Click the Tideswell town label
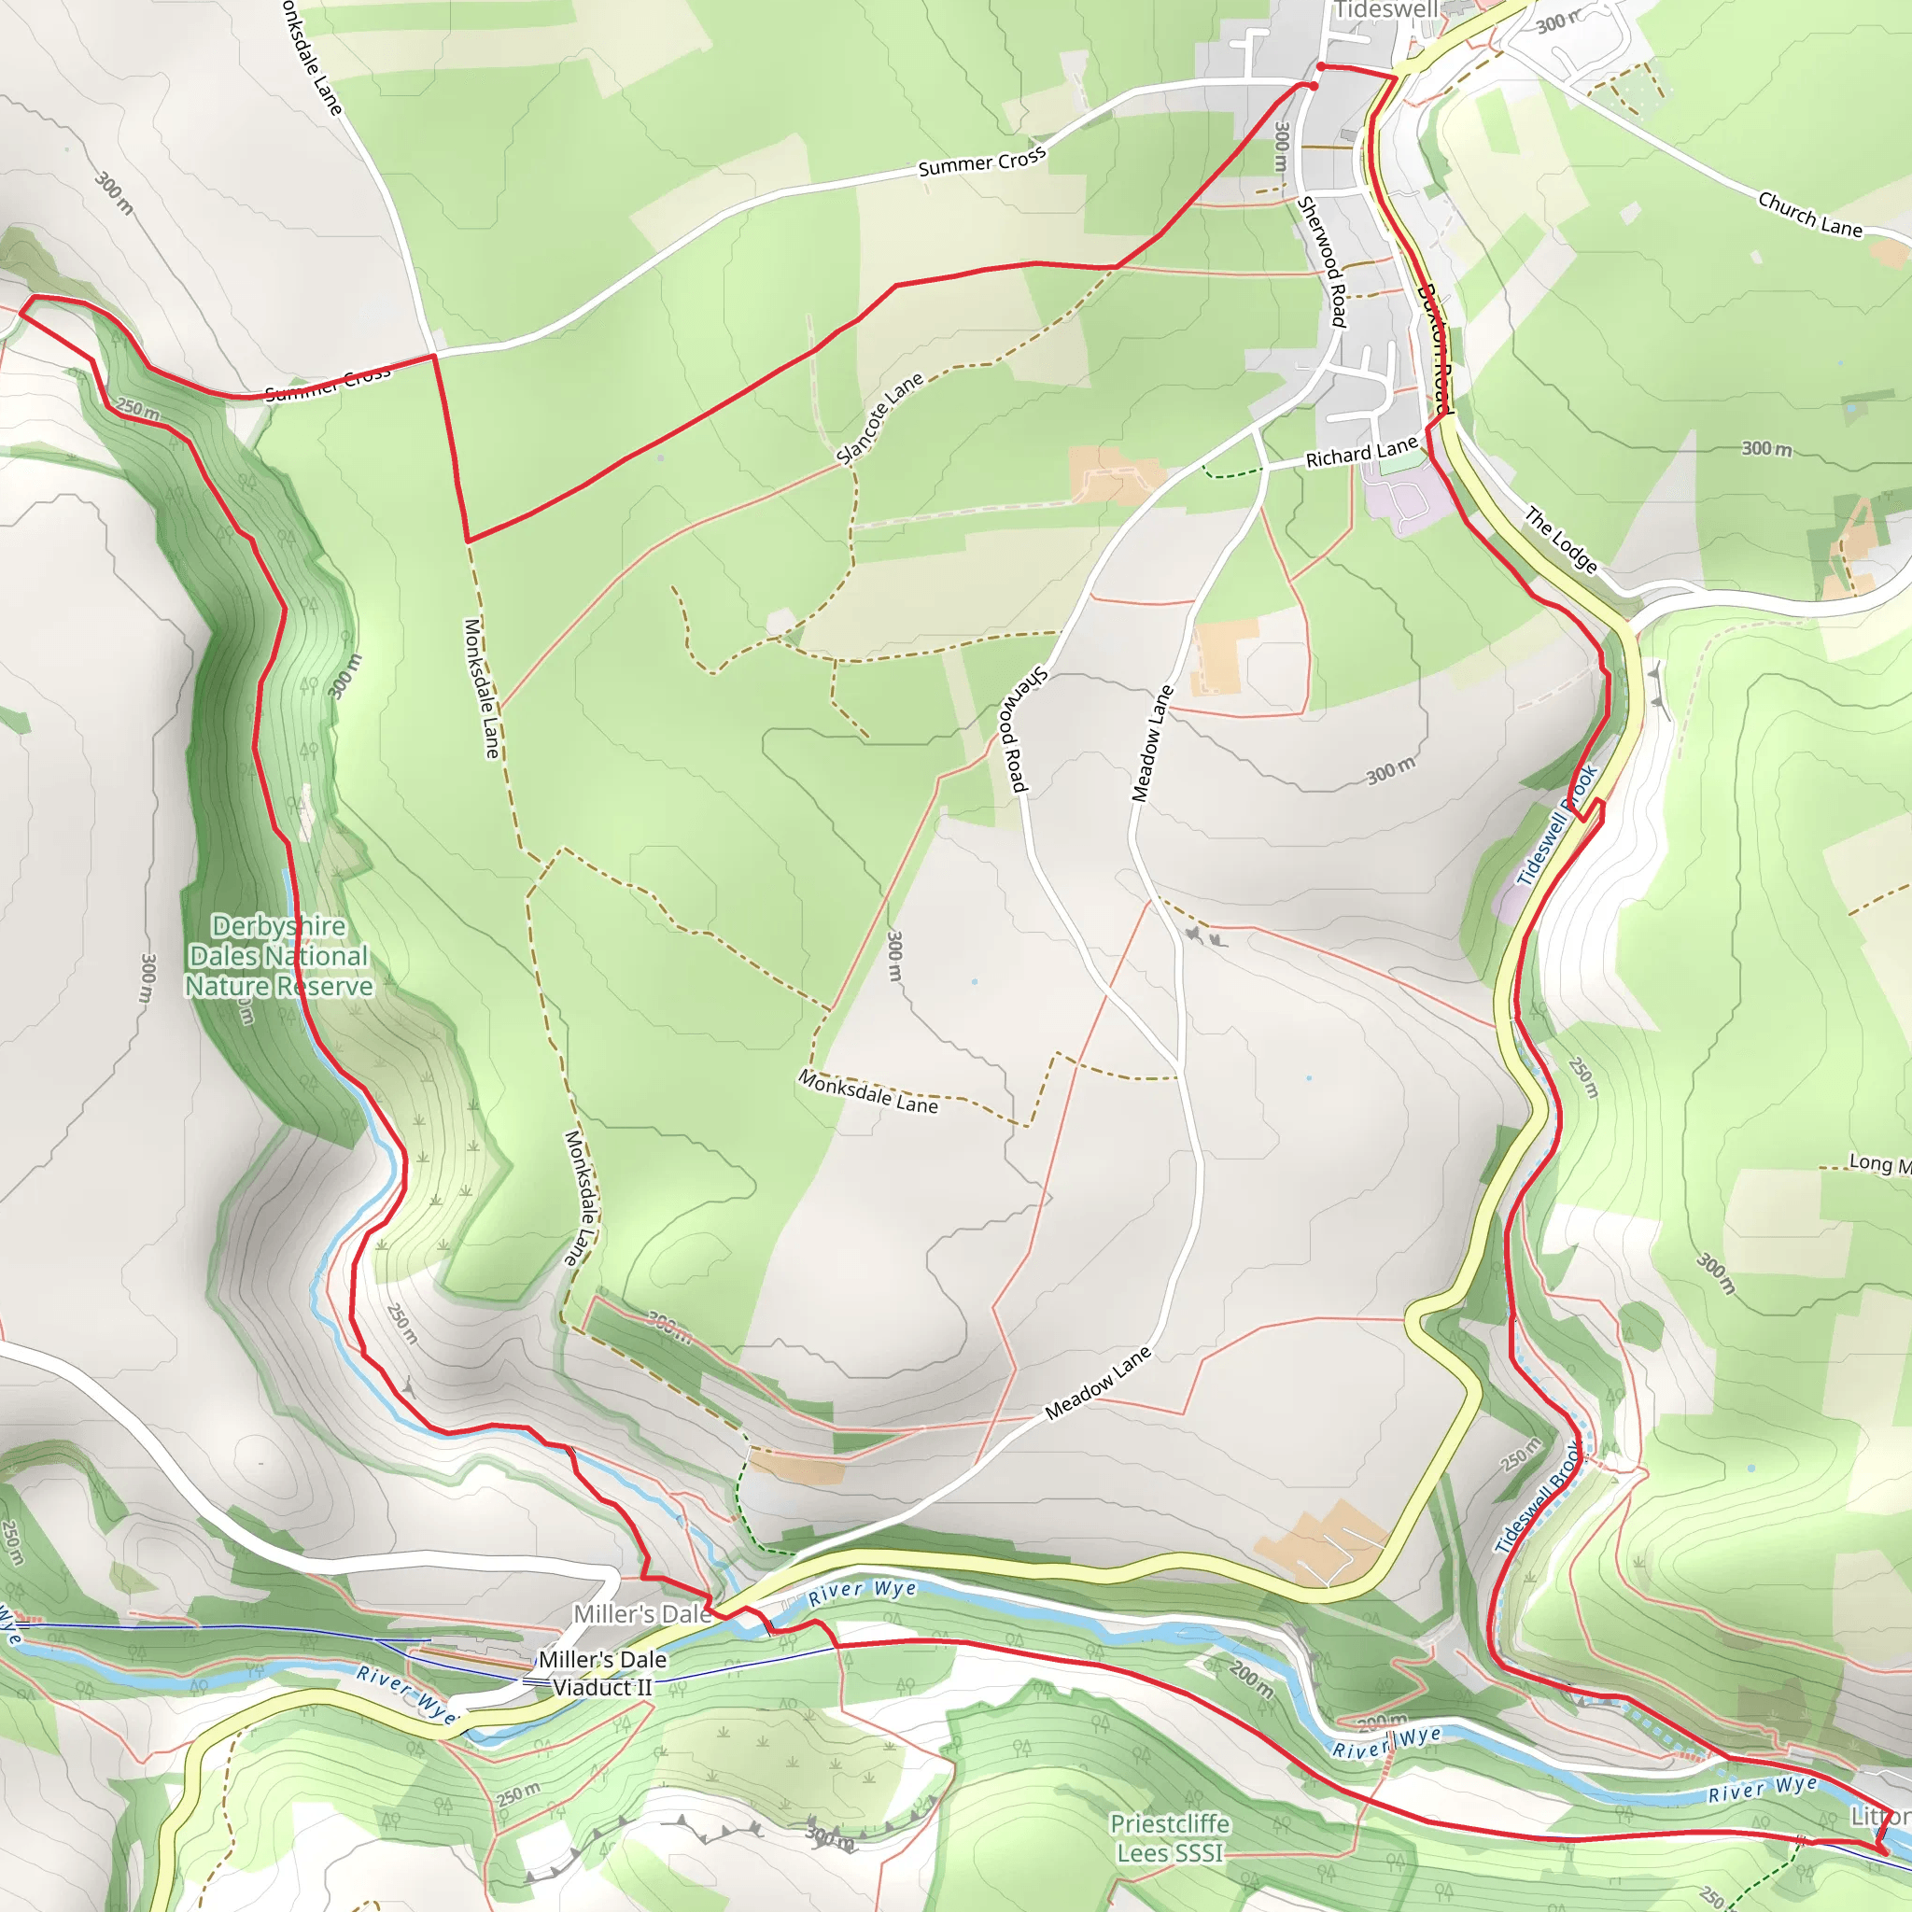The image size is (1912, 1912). pos(1385,10)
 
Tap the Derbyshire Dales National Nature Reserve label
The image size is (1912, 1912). pos(279,956)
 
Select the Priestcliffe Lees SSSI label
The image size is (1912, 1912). pos(1170,1837)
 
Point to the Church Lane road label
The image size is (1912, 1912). pos(1809,215)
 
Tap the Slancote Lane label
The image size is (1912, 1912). pos(879,418)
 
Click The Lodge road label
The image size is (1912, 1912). pos(1561,540)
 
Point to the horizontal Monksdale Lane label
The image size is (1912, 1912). pos(868,1092)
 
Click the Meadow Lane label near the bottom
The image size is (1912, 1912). pos(1098,1383)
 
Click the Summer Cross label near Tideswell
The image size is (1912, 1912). pos(982,162)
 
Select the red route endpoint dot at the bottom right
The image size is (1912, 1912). pos(1879,1849)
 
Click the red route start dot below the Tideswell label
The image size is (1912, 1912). pos(1321,66)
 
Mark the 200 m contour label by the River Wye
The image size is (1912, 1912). pos(1250,1679)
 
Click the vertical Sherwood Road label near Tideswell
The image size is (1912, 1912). pos(1322,262)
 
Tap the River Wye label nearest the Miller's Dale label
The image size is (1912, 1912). pos(862,1593)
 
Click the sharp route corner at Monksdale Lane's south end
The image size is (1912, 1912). pos(468,541)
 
